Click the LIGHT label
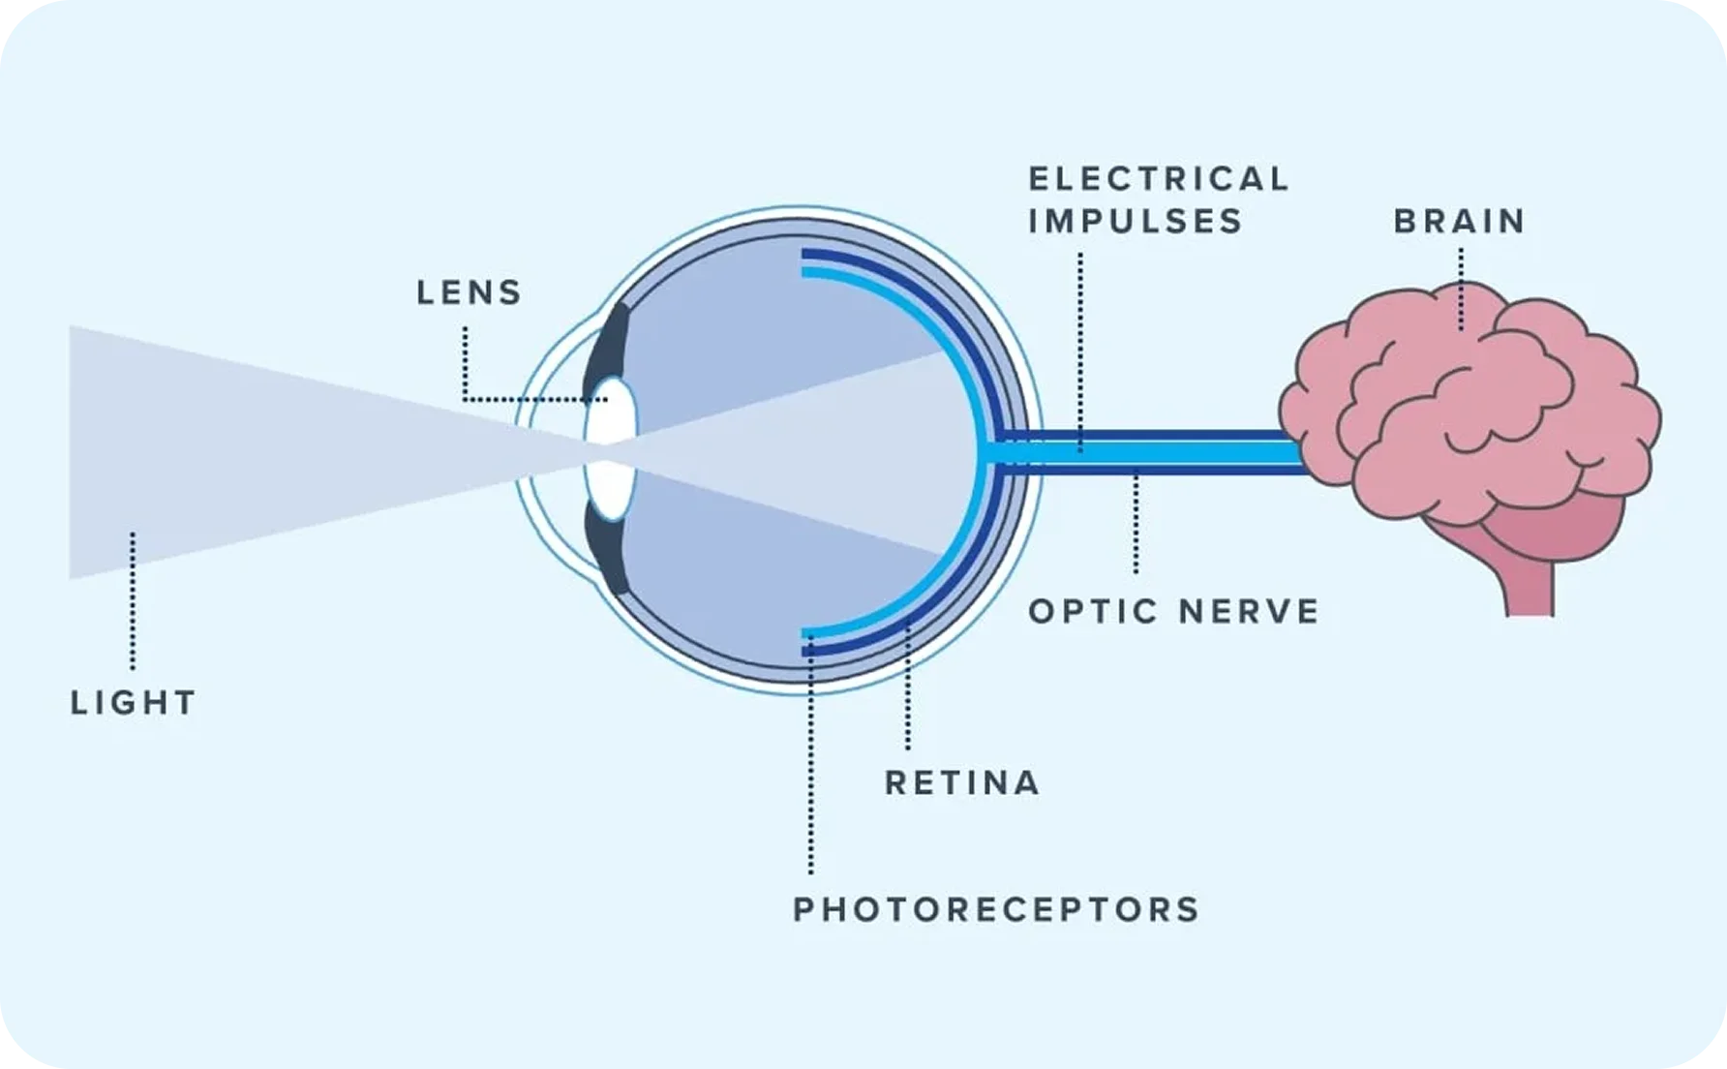pyautogui.click(x=134, y=702)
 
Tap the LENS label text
pyautogui.click(x=470, y=292)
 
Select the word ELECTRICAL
pyautogui.click(x=1159, y=179)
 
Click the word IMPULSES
pyautogui.click(x=1136, y=222)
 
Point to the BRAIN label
pyautogui.click(x=1460, y=222)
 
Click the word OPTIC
pyautogui.click(x=1094, y=612)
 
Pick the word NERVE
pyautogui.click(x=1250, y=612)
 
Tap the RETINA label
pyautogui.click(x=962, y=782)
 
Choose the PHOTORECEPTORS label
pyautogui.click(x=997, y=909)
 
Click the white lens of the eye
pyautogui.click(x=611, y=450)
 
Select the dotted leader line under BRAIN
pyautogui.click(x=1461, y=289)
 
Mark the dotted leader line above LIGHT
pyautogui.click(x=133, y=600)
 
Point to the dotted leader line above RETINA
pyautogui.click(x=908, y=687)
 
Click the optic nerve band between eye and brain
pyautogui.click(x=1147, y=452)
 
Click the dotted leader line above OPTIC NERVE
pyautogui.click(x=1136, y=522)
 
